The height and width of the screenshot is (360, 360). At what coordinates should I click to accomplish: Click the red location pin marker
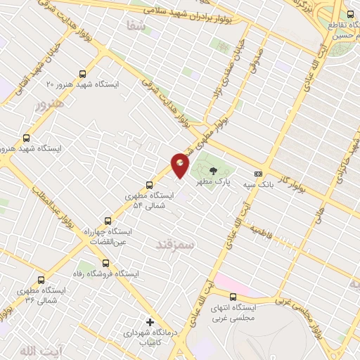(180, 165)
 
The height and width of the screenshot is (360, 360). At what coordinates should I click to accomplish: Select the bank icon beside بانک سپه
(258, 174)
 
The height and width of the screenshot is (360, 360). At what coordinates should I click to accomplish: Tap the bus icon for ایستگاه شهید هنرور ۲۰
(83, 73)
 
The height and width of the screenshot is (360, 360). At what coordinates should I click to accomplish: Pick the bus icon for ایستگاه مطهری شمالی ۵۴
(149, 185)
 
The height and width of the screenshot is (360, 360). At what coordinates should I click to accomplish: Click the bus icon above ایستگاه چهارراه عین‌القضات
(107, 220)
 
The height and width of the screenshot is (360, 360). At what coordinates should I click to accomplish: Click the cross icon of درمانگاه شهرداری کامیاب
(150, 321)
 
